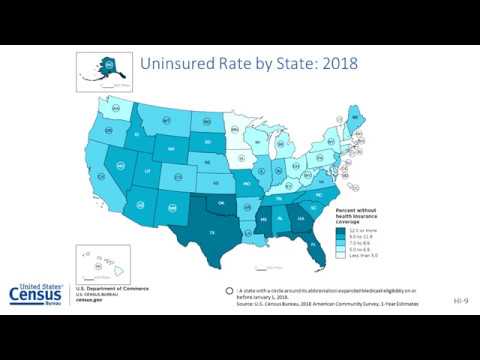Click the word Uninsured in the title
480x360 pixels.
point(181,65)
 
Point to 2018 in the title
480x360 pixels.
point(336,65)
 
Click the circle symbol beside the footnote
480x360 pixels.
point(229,290)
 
